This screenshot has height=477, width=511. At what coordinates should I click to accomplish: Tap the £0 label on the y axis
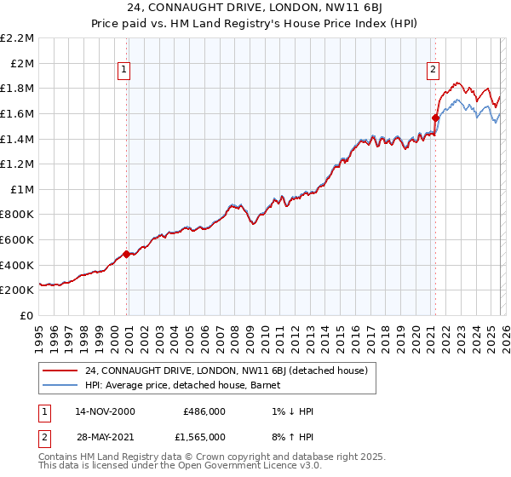point(27,315)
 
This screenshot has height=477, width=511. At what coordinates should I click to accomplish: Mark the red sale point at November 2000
point(127,254)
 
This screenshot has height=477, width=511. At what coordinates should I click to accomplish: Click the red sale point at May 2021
point(435,118)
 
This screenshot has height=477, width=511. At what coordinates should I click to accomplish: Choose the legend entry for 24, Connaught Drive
point(226,371)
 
